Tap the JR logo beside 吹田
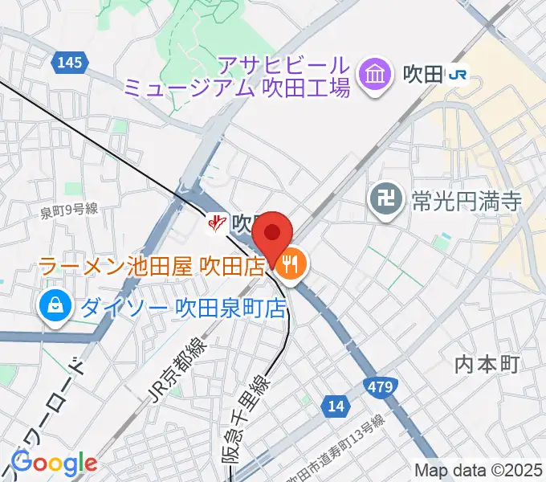pyautogui.click(x=458, y=76)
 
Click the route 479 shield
pyautogui.click(x=382, y=388)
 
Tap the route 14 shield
pyautogui.click(x=336, y=406)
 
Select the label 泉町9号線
pyautogui.click(x=69, y=210)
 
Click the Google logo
pyautogui.click(x=54, y=463)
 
